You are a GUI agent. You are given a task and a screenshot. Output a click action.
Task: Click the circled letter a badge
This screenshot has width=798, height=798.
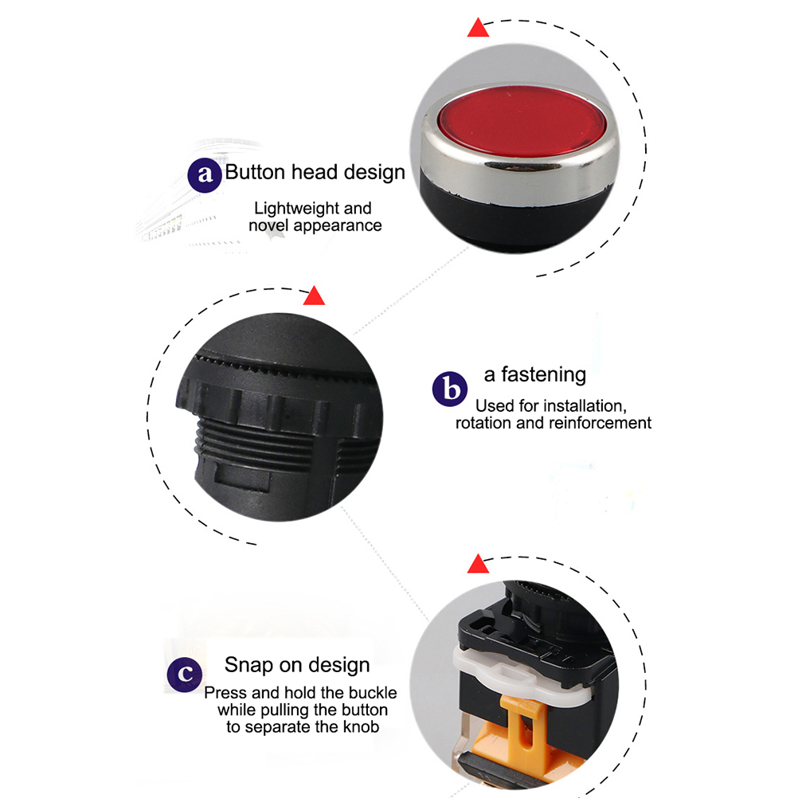pyautogui.click(x=205, y=175)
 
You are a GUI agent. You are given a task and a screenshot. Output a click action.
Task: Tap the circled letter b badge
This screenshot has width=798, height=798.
pyautogui.click(x=450, y=389)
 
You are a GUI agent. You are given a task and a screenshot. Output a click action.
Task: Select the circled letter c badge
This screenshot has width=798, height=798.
pyautogui.click(x=185, y=675)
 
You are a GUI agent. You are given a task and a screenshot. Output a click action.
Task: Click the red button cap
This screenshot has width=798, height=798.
pyautogui.click(x=522, y=122)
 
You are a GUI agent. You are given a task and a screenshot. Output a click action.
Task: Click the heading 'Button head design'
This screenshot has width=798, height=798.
pyautogui.click(x=315, y=173)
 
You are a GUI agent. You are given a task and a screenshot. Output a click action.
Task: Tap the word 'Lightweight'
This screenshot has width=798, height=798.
pyautogui.click(x=297, y=208)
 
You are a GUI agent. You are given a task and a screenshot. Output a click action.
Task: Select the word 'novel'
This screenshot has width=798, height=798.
pyautogui.click(x=268, y=225)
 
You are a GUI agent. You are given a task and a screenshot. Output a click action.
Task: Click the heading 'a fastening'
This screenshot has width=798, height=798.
pyautogui.click(x=535, y=374)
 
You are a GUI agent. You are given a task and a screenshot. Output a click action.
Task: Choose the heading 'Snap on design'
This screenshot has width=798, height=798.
pyautogui.click(x=297, y=665)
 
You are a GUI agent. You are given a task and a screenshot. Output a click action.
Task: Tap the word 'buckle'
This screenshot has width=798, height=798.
pyautogui.click(x=373, y=693)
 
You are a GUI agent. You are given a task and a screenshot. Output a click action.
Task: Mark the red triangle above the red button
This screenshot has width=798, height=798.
pyautogui.click(x=478, y=28)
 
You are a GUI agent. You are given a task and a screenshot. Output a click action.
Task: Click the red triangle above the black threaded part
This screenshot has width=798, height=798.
pyautogui.click(x=314, y=295)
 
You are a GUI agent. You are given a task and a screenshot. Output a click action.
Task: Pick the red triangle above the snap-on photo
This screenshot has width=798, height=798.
pyautogui.click(x=478, y=564)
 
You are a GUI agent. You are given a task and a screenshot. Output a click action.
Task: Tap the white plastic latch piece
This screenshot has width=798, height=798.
pyautogui.click(x=519, y=673)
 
